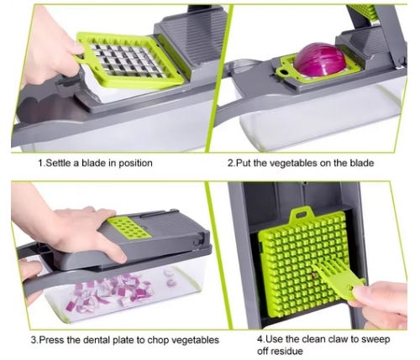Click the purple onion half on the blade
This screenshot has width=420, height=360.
click(319, 60)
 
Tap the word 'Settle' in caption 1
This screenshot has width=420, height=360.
click(58, 163)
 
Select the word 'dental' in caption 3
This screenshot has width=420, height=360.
click(96, 340)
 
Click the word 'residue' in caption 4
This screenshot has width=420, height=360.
click(287, 351)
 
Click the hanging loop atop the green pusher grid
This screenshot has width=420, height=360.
click(302, 214)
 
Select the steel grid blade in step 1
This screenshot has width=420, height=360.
click(129, 60)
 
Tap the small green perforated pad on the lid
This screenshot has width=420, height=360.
click(129, 227)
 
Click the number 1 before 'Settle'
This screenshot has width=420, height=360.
click(41, 163)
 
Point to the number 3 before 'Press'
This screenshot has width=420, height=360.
click(34, 340)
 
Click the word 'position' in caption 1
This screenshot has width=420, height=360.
click(135, 164)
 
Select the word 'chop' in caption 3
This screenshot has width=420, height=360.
click(158, 341)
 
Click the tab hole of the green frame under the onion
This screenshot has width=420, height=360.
click(285, 73)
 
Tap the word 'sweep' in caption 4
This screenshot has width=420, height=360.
click(375, 340)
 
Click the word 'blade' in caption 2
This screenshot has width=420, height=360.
click(362, 163)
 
